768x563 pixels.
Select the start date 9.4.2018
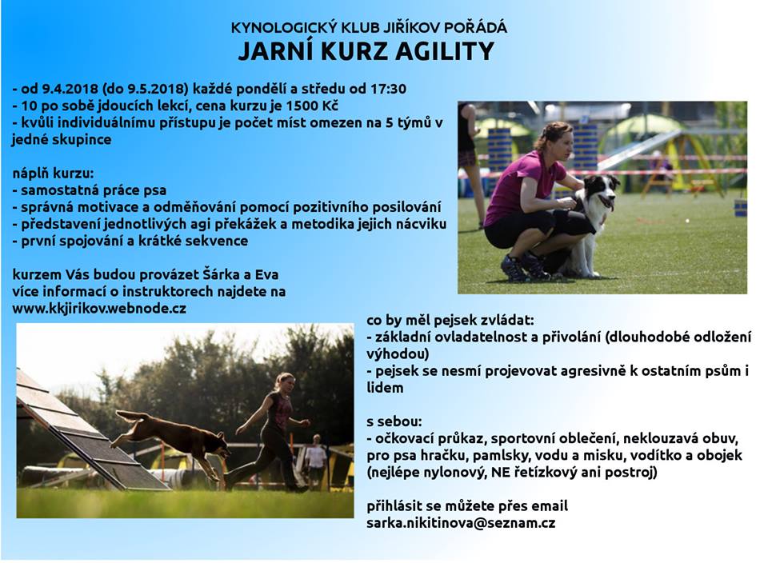click(x=70, y=89)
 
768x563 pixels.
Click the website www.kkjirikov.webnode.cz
click(x=99, y=309)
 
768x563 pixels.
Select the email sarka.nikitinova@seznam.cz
click(x=461, y=523)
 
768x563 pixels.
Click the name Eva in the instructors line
click(x=267, y=274)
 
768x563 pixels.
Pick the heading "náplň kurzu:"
click(x=54, y=174)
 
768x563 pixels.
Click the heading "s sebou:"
click(x=394, y=421)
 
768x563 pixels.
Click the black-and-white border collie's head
click(x=603, y=190)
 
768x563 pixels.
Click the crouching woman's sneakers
click(x=524, y=267)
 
